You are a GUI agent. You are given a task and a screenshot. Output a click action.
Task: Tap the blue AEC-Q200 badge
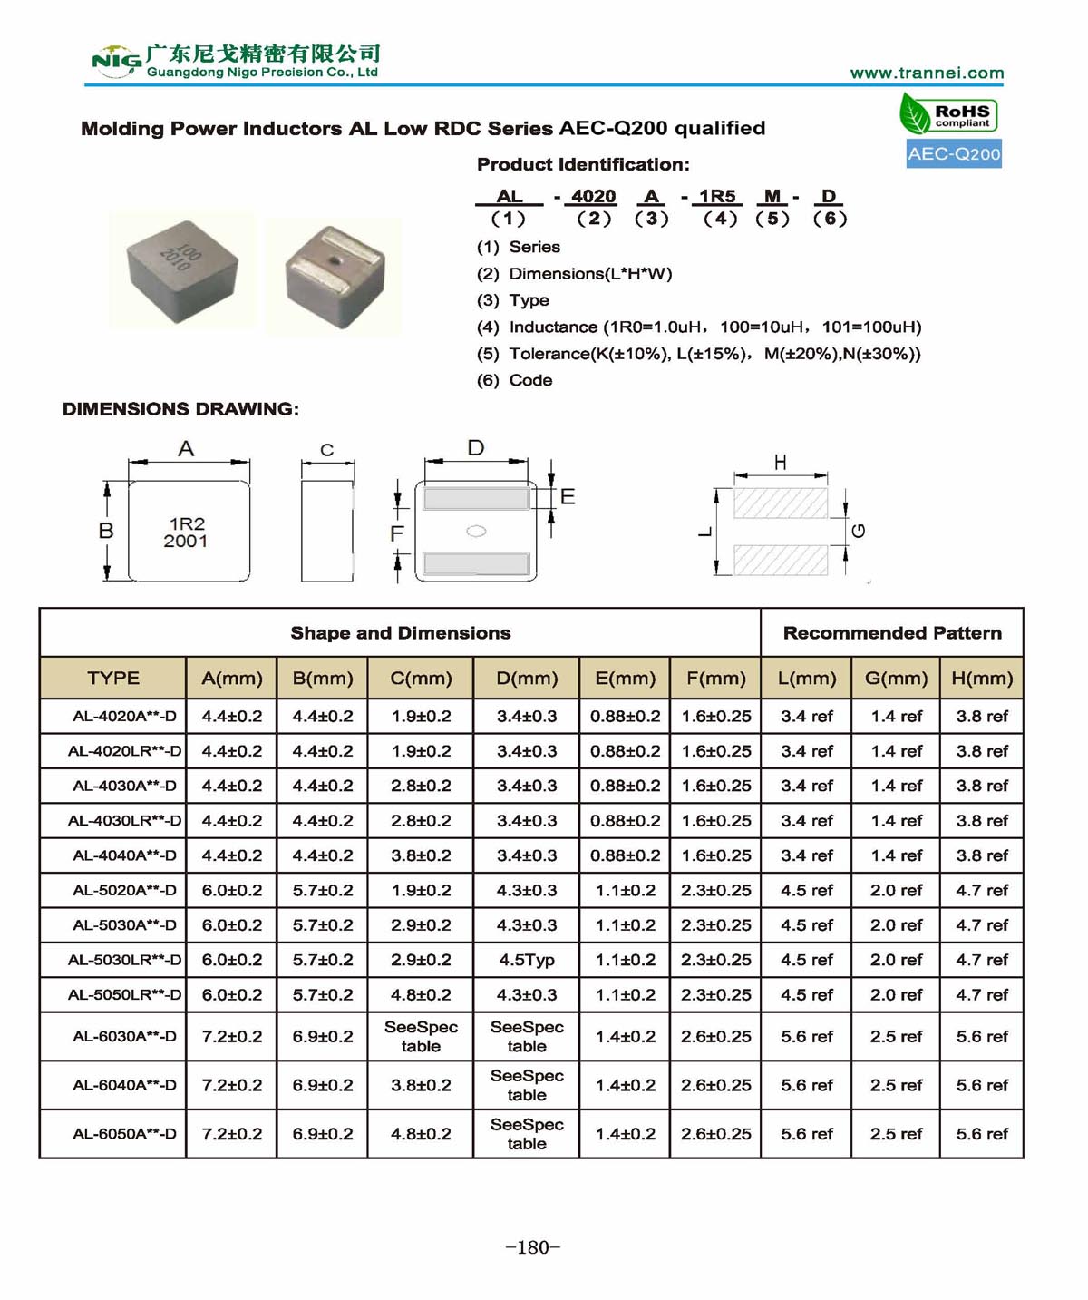pos(954,154)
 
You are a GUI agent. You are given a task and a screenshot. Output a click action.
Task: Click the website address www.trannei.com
pos(927,73)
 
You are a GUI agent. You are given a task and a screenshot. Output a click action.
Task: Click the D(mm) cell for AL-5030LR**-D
pos(526,960)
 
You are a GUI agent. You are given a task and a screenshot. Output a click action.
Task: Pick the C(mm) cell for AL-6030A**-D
pos(421,1036)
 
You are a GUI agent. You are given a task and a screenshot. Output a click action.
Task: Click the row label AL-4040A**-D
pos(124,855)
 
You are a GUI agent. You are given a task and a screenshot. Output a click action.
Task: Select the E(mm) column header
pos(625,679)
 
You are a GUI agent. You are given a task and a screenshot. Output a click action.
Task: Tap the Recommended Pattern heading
pos(892,633)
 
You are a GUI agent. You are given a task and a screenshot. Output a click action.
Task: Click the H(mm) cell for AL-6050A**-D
pos(982,1134)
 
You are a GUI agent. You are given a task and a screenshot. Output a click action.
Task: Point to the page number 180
pos(533,1247)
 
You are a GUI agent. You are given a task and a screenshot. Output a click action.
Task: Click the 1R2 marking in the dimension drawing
pos(187,523)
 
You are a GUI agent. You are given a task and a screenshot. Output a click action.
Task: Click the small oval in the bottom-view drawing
pos(476,532)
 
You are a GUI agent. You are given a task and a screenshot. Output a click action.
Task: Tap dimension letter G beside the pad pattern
pos(859,531)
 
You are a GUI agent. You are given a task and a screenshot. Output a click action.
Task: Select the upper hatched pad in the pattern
pos(780,503)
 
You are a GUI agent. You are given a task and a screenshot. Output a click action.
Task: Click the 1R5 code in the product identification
pos(716,197)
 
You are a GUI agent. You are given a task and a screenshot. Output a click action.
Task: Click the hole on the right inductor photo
pos(335,259)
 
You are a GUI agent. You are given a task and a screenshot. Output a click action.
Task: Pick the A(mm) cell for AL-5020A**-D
pos(231,891)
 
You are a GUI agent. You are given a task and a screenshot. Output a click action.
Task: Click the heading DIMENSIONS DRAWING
pos(180,409)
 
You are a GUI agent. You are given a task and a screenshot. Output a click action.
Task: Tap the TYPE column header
pos(113,679)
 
